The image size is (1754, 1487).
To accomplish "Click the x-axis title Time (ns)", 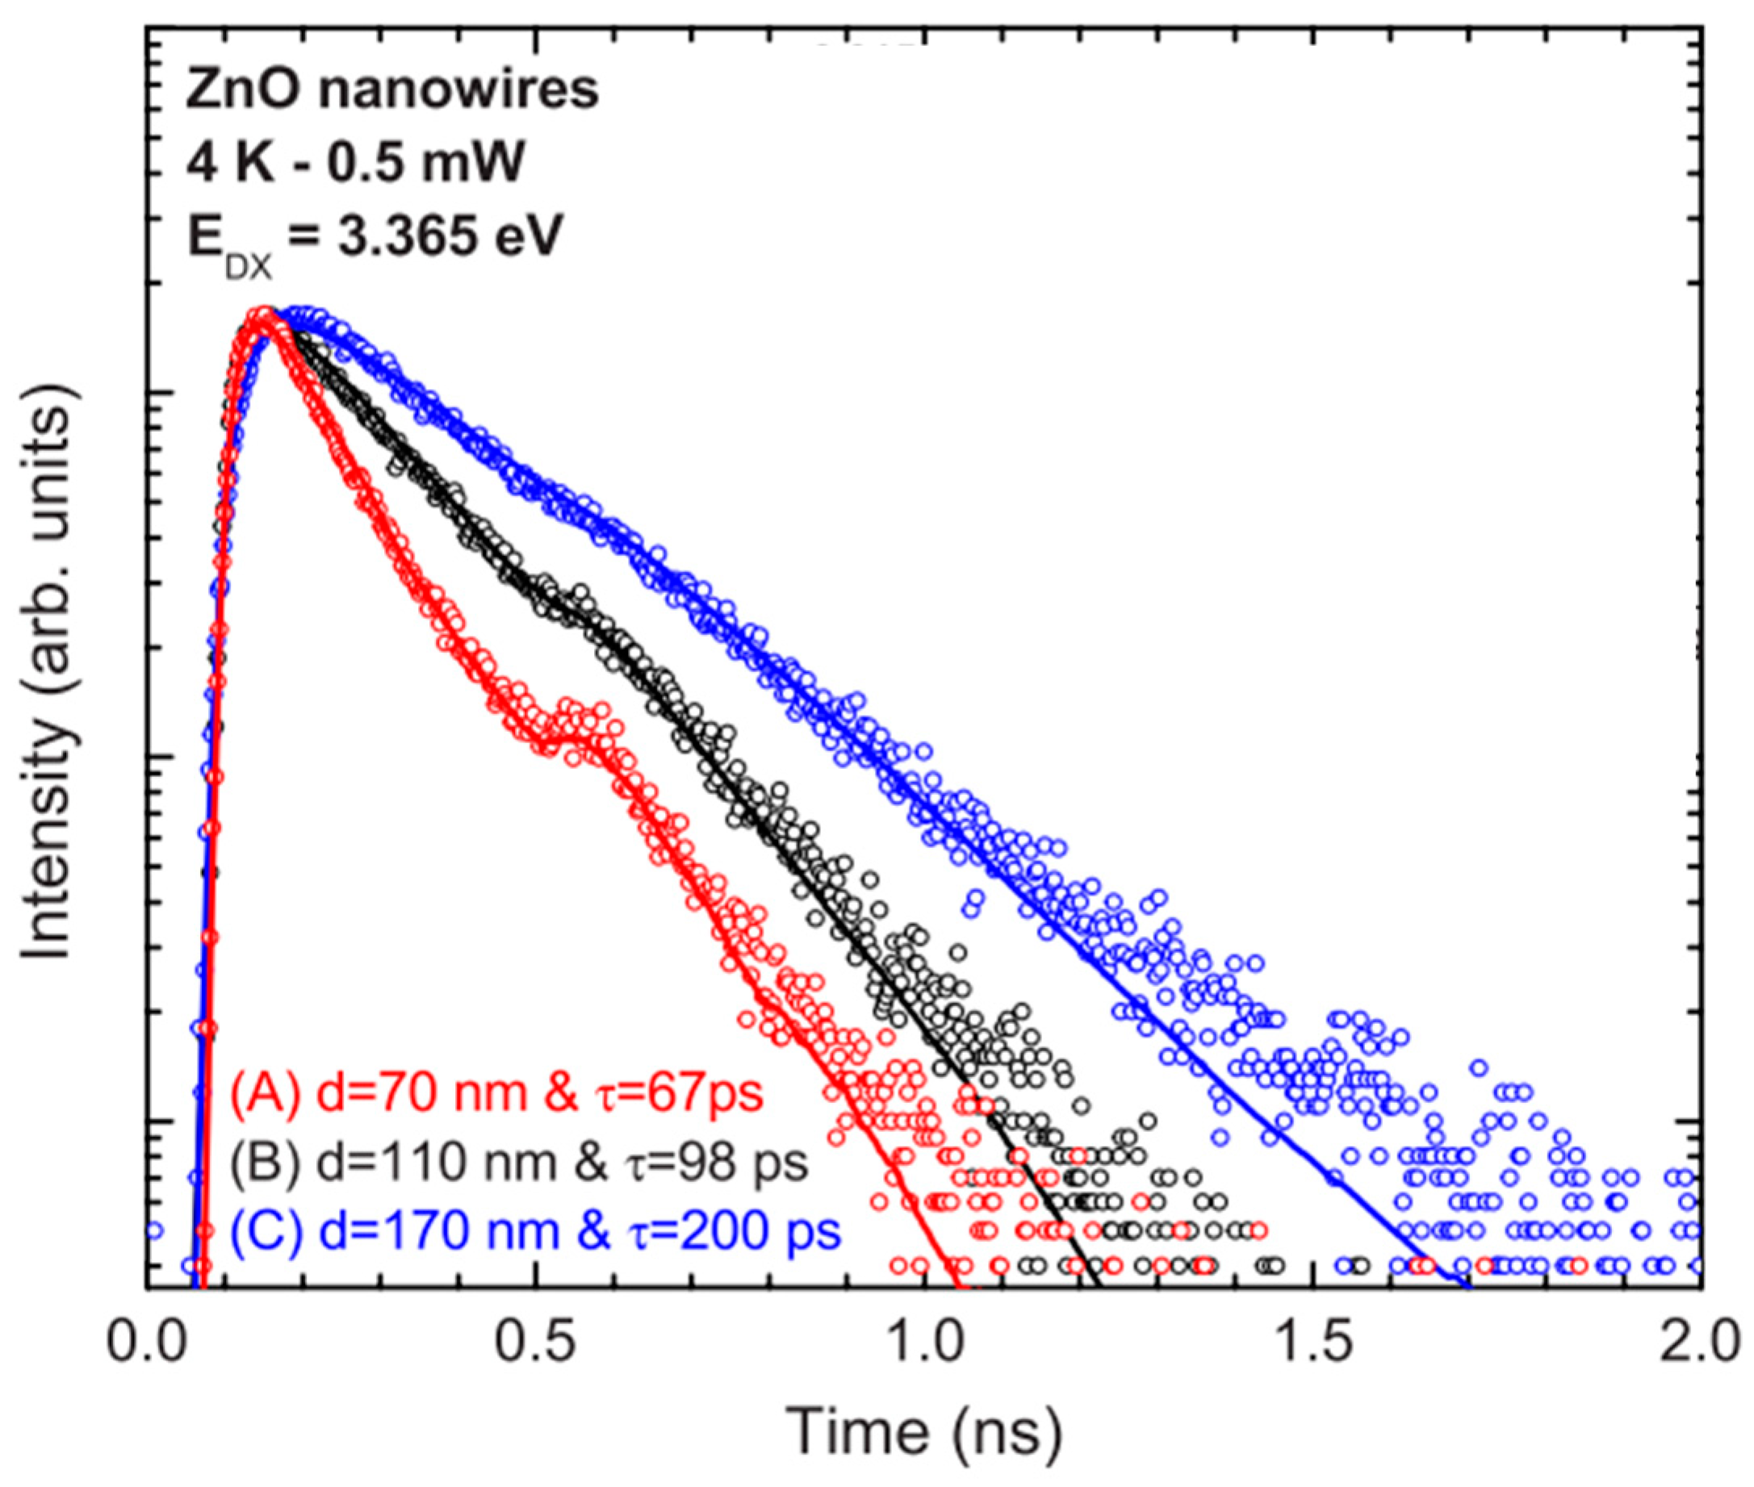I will coord(923,1432).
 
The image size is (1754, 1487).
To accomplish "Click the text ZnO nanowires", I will coord(392,90).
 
